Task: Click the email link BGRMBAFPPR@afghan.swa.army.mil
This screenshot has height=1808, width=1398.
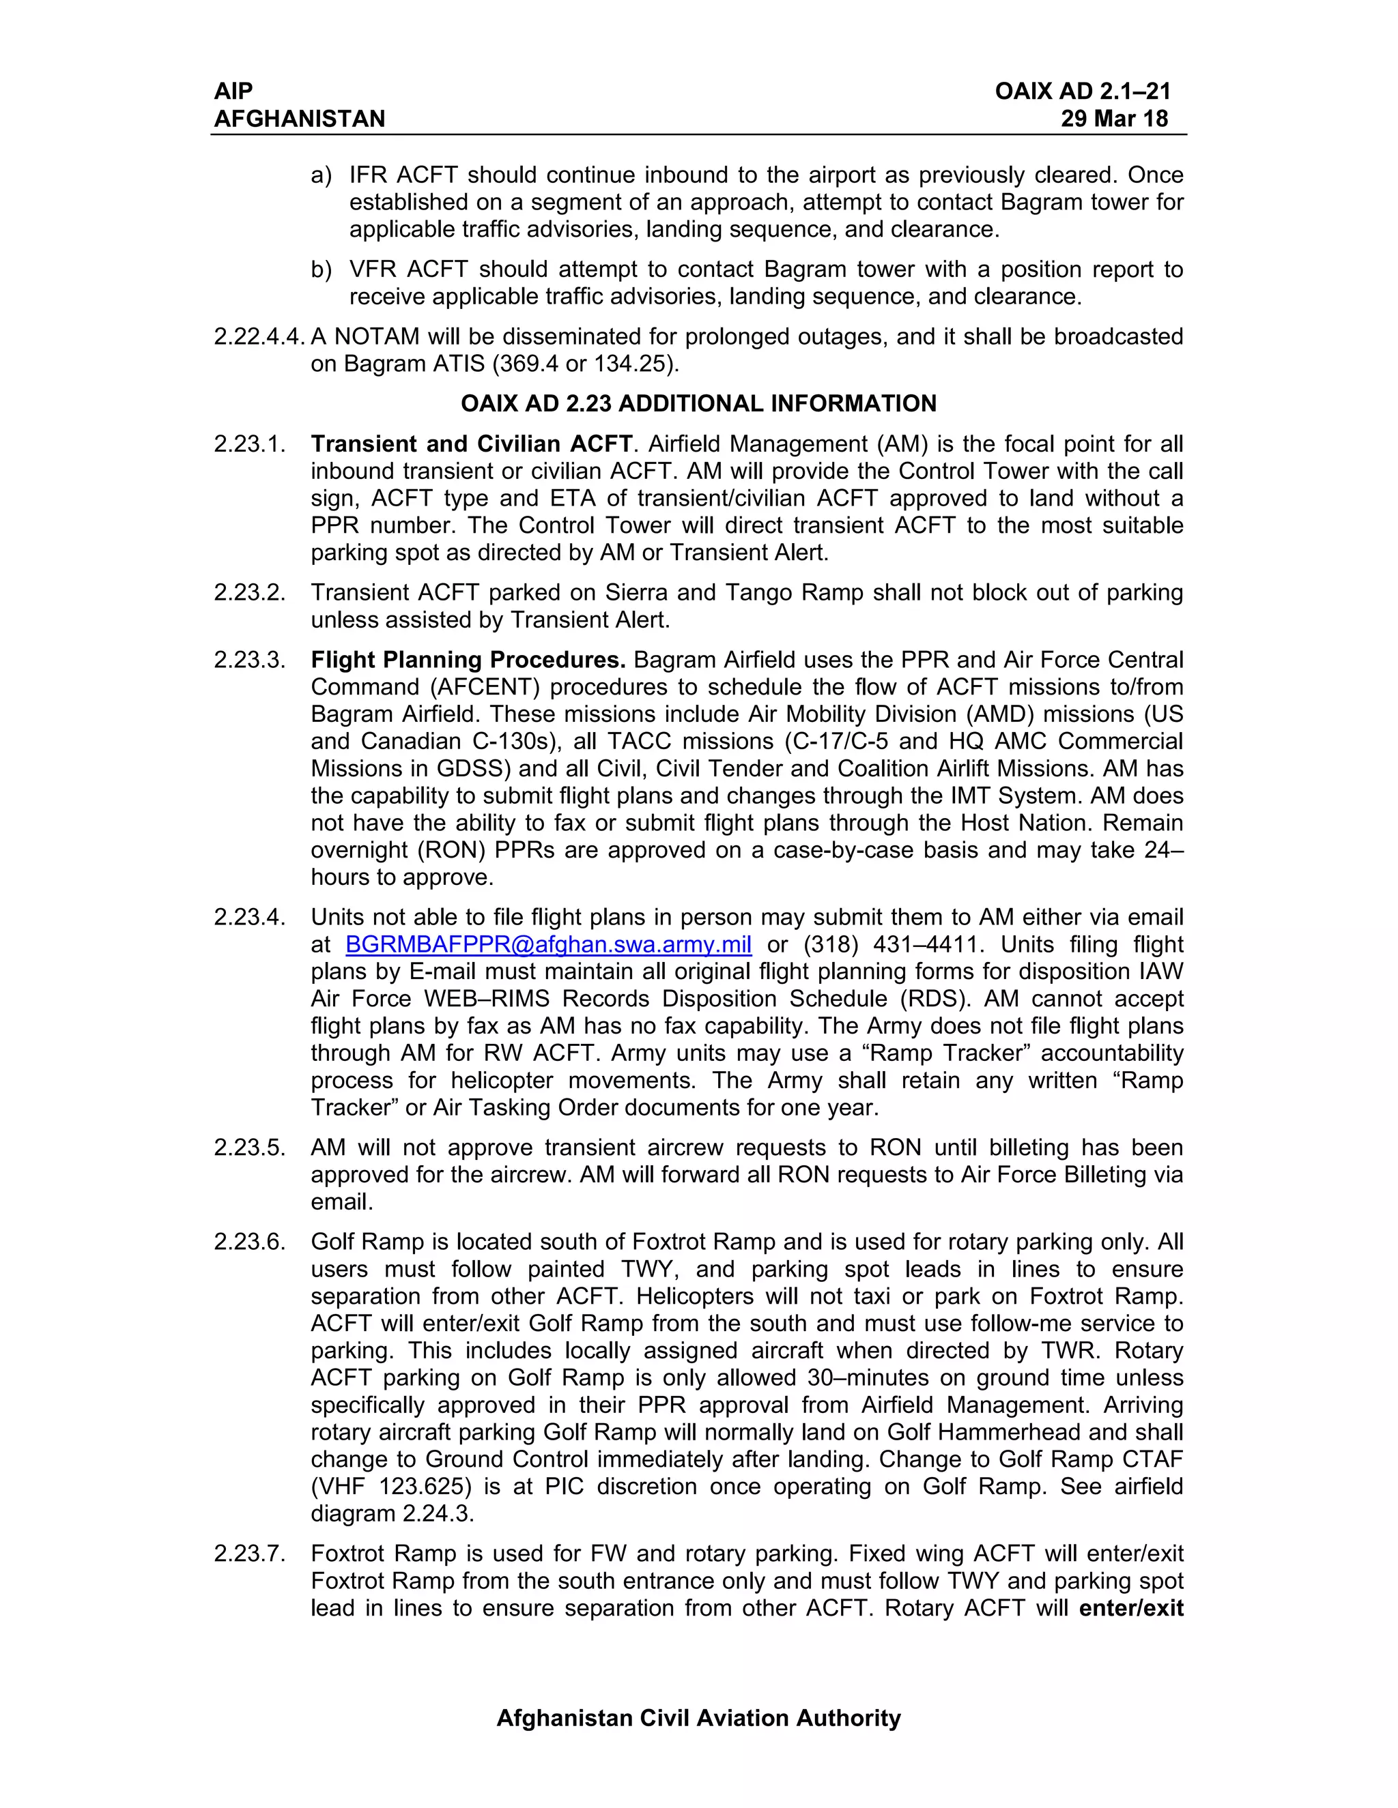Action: point(548,944)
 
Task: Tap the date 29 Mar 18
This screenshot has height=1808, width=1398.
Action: point(1114,119)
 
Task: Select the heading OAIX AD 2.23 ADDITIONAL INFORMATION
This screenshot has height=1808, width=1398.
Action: point(698,404)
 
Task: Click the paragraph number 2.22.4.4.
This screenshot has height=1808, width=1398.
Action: point(259,337)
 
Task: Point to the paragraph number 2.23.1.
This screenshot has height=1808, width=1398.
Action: point(250,445)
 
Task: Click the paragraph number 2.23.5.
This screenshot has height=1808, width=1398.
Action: point(250,1148)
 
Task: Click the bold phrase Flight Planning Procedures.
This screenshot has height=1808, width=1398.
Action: point(468,660)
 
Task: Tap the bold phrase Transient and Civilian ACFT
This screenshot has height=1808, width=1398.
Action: point(471,445)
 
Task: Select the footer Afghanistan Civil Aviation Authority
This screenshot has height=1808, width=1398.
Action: point(698,1719)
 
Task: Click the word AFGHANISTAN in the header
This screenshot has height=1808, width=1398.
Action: point(300,119)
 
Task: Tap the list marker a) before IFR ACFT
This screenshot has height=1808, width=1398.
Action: point(322,175)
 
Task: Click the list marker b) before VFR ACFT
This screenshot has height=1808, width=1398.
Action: point(322,270)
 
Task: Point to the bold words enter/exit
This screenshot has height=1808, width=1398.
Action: point(1131,1609)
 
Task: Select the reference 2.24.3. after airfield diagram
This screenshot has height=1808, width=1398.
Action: point(438,1514)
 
